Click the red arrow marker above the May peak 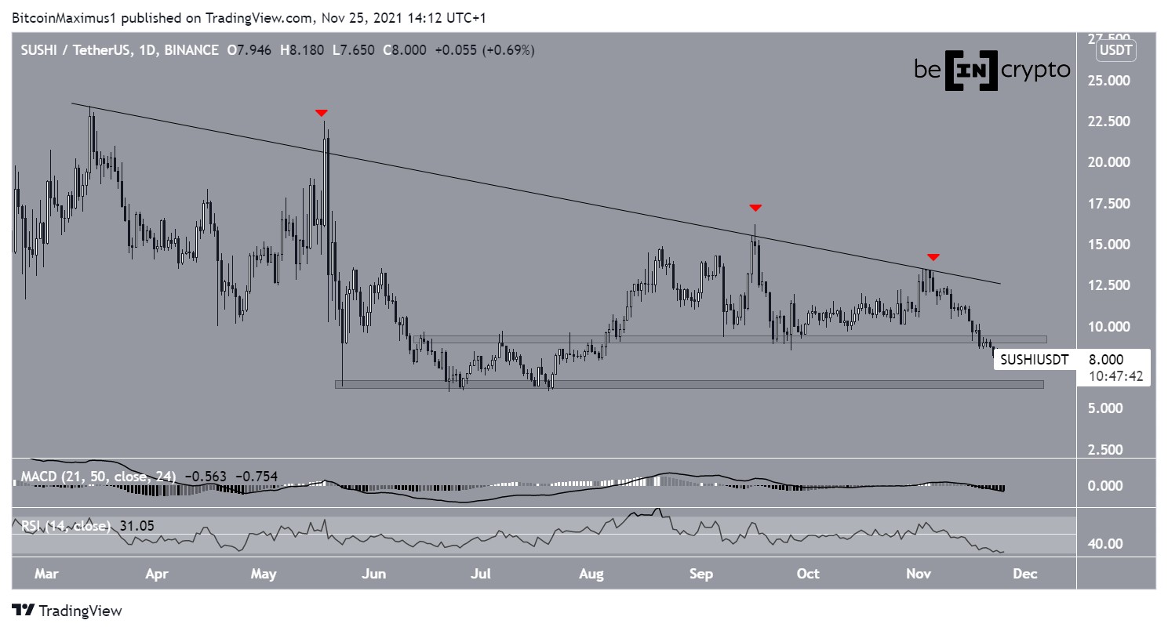coord(321,114)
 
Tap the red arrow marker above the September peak coord(755,208)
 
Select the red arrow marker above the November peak coord(933,257)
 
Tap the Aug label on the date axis coord(591,574)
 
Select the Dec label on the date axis coord(1025,574)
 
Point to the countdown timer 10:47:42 coord(1115,376)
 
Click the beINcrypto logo coord(992,70)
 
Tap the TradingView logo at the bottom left coord(67,611)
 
